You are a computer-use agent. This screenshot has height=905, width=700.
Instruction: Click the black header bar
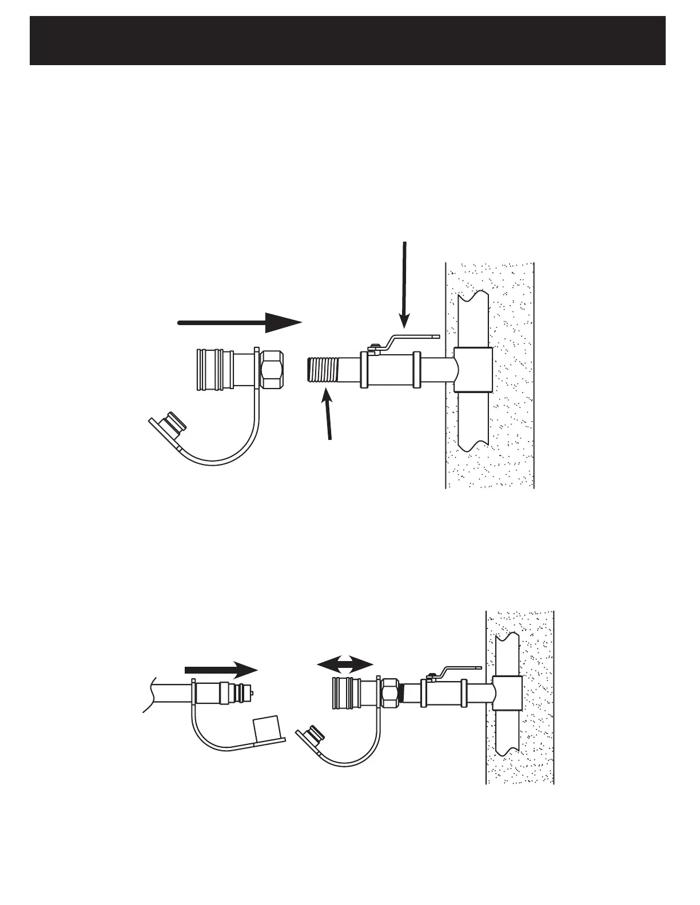(x=348, y=41)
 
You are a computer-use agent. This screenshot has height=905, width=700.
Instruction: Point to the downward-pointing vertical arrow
(x=404, y=286)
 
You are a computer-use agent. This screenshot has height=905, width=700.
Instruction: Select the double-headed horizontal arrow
(x=345, y=664)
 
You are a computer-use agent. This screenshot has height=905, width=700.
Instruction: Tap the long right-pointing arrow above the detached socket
(x=240, y=322)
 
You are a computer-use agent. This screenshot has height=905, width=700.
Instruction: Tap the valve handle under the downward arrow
(x=412, y=339)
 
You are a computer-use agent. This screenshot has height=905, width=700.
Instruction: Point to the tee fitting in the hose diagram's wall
(x=507, y=692)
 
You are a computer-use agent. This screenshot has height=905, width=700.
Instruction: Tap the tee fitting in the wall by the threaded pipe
(x=473, y=370)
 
